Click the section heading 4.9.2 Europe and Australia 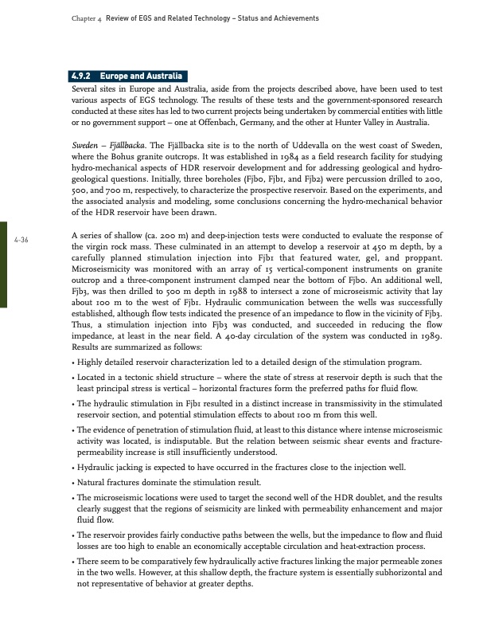pos(128,76)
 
